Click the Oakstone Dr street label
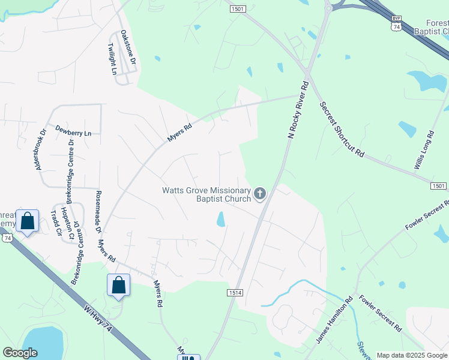pyautogui.click(x=128, y=48)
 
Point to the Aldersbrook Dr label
pyautogui.click(x=41, y=150)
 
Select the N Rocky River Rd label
pyautogui.click(x=298, y=110)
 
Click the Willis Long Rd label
pyautogui.click(x=424, y=150)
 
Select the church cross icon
pyautogui.click(x=260, y=193)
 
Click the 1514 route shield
pyautogui.click(x=234, y=292)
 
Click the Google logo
pyautogui.click(x=20, y=353)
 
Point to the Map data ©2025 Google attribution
pyautogui.click(x=411, y=355)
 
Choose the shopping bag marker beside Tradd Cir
pyautogui.click(x=28, y=221)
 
